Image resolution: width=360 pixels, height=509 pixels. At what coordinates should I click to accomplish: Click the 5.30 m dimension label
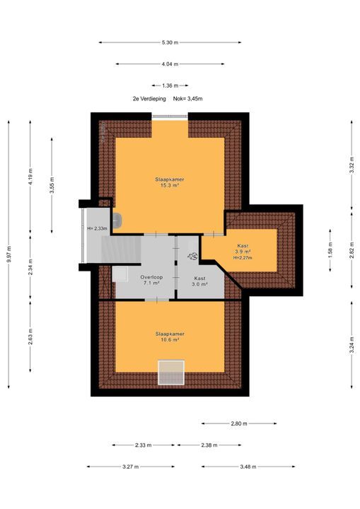(170, 42)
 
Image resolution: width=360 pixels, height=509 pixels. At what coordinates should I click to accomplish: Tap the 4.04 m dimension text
(170, 64)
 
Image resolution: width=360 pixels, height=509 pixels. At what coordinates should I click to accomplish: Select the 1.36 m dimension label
(170, 86)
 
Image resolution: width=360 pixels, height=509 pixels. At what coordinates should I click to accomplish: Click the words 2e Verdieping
(149, 99)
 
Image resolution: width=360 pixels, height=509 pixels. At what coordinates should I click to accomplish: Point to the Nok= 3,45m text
(188, 99)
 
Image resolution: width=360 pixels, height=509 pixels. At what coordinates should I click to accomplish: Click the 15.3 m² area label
(170, 185)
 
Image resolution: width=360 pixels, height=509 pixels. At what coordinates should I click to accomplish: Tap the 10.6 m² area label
(170, 340)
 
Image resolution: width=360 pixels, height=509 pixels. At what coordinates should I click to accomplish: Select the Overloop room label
(151, 277)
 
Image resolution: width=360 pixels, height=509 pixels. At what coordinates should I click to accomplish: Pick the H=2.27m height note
(243, 258)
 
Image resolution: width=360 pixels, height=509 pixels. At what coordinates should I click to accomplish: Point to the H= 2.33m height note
(97, 228)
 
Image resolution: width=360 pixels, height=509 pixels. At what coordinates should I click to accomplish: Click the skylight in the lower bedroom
(171, 373)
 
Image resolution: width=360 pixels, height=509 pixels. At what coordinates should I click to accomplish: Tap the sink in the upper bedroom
(117, 221)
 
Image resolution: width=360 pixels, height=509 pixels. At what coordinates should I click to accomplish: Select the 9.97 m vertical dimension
(8, 255)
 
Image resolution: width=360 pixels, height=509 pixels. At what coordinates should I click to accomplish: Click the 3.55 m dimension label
(52, 186)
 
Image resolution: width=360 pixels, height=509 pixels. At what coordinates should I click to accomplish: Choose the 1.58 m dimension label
(330, 250)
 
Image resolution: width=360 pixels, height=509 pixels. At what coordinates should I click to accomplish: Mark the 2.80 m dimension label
(239, 423)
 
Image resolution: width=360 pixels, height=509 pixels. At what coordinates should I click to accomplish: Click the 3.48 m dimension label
(248, 467)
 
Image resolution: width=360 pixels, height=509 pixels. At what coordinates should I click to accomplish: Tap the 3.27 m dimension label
(131, 467)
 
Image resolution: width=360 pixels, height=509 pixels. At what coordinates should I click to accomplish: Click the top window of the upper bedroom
(170, 117)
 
